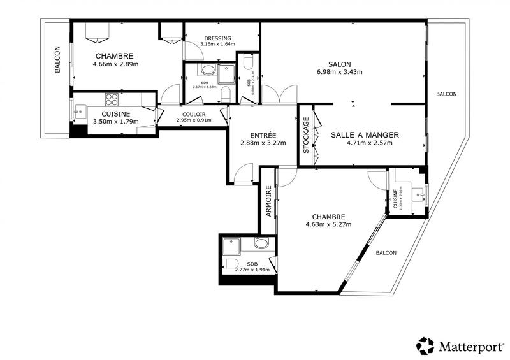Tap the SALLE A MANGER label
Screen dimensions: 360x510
pos(365,134)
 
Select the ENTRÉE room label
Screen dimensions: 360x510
pos(263,135)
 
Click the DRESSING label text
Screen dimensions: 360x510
pos(217,38)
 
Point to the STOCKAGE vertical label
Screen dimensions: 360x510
pos(306,136)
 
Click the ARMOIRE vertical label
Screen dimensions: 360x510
pos(269,201)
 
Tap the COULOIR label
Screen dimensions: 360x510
pos(192,113)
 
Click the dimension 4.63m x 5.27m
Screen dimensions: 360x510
pos(328,224)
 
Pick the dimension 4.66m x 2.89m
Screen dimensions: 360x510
pos(115,64)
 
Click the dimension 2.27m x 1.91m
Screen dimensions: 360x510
pos(252,270)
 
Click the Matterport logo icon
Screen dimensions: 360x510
pos(425,345)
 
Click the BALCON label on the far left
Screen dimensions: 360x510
pos(57,59)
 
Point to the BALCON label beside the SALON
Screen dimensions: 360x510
pos(446,94)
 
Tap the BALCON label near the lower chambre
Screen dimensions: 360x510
pos(386,253)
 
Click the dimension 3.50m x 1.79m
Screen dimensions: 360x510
pos(115,121)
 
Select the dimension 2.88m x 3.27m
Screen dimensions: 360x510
pos(263,143)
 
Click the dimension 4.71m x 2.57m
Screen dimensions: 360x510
pos(365,143)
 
